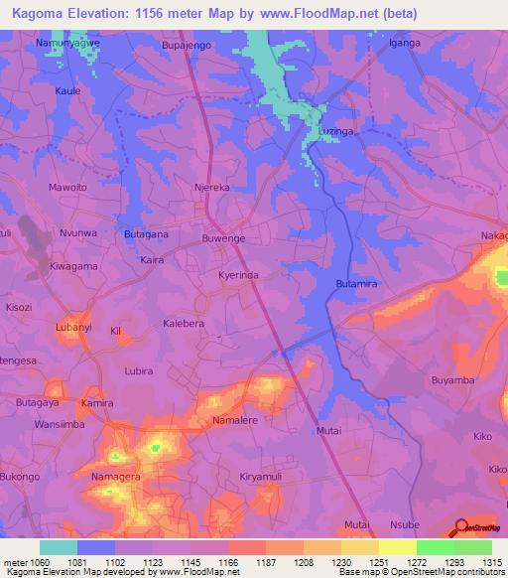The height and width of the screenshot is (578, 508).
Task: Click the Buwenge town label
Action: (x=223, y=239)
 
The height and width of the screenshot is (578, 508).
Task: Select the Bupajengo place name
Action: (x=188, y=46)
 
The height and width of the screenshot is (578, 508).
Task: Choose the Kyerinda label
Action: (x=238, y=274)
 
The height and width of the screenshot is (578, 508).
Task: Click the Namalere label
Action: (x=235, y=421)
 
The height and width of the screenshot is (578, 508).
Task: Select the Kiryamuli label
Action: (x=263, y=478)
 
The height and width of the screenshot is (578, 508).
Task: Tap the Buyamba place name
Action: (x=454, y=380)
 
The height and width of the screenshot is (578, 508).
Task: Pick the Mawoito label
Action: (x=68, y=187)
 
